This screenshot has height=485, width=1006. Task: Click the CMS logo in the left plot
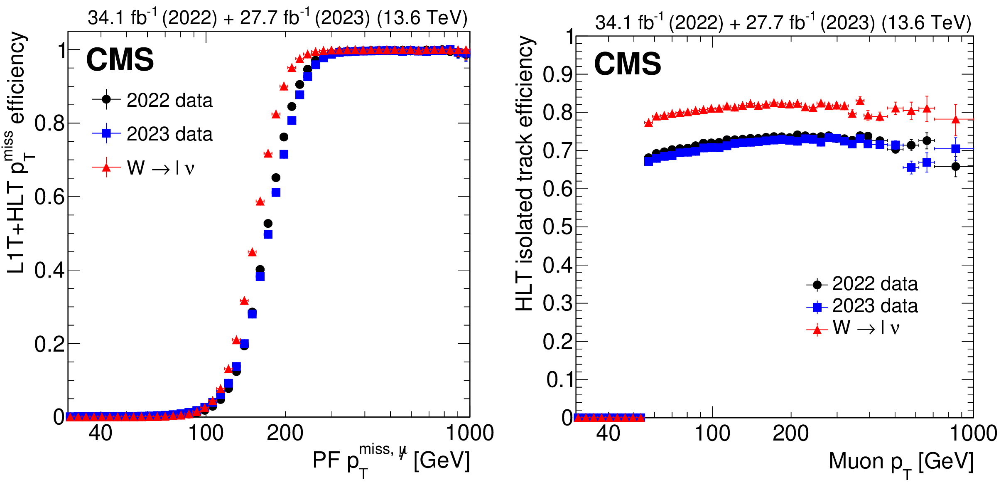tap(120, 60)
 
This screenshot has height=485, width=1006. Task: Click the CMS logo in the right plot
tap(627, 64)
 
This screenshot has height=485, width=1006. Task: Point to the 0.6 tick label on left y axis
tap(49, 197)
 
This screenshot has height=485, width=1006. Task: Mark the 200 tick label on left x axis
tap(285, 433)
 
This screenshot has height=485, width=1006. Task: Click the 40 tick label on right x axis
tap(608, 433)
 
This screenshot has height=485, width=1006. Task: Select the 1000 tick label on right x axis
tap(973, 433)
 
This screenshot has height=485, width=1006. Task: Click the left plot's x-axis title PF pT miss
tap(391, 460)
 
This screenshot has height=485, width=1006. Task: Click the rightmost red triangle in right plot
tap(956, 119)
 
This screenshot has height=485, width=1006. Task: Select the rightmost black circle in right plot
tap(956, 166)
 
